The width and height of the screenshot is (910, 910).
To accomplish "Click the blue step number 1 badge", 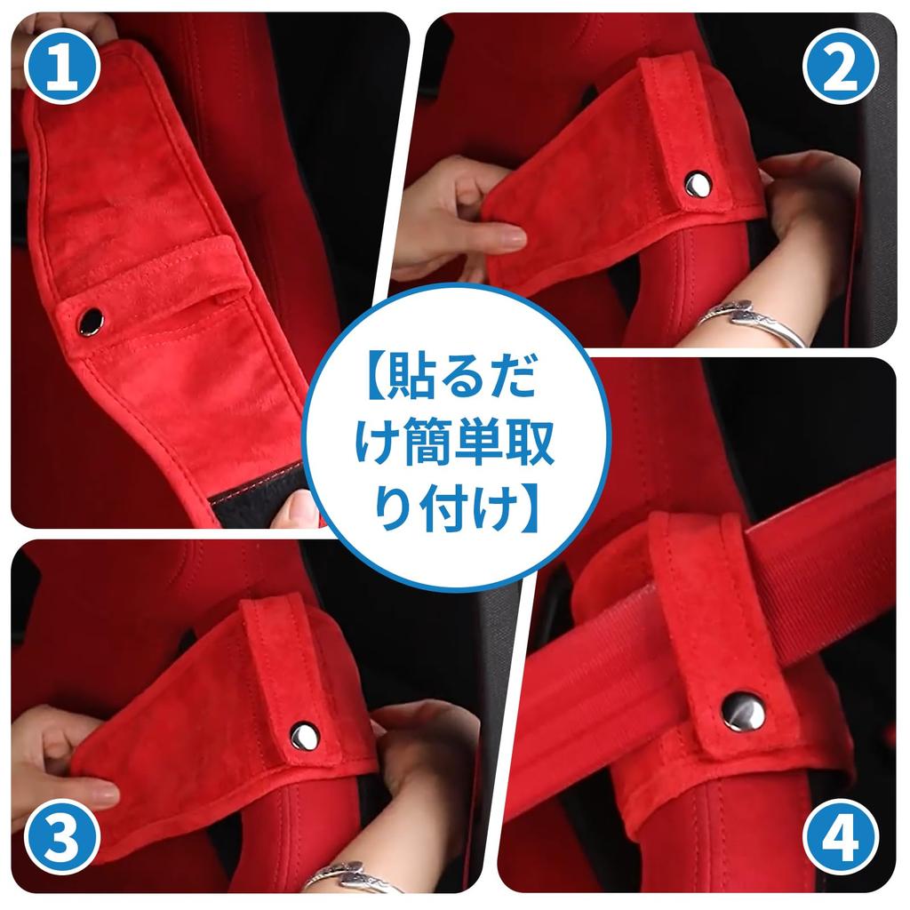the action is click(63, 66).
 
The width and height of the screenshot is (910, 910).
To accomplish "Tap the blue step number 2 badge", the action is click(841, 66).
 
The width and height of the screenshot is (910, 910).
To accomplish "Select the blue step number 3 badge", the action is click(63, 837).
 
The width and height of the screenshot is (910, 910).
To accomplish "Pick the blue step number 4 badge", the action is click(841, 837).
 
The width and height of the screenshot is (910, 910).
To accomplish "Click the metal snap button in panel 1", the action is click(92, 321).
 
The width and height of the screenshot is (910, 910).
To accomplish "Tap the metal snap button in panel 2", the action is click(697, 185).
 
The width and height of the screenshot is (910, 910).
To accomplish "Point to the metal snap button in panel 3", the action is click(305, 737).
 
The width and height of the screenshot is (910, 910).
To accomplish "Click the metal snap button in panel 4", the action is click(744, 712).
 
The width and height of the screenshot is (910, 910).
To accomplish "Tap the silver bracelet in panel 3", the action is click(352, 877).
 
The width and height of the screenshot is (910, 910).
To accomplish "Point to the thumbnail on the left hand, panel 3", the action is click(102, 792).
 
